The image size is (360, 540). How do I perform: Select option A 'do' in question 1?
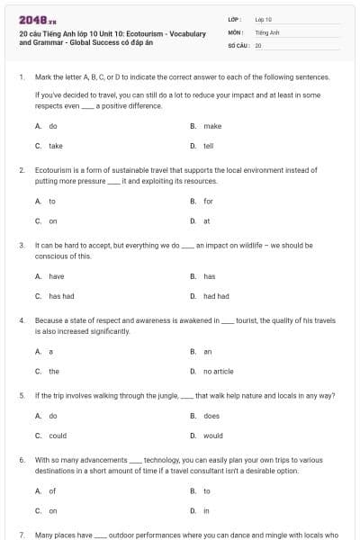point(53,126)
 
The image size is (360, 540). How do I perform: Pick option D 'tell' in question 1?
point(208,145)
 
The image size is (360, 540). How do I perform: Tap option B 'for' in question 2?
point(208,201)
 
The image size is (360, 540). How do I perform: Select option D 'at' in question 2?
point(207,220)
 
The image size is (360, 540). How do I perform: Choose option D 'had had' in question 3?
point(216,295)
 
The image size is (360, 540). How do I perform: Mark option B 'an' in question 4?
point(208,351)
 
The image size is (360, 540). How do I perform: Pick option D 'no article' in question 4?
point(219,371)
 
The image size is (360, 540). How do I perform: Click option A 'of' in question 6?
point(52,490)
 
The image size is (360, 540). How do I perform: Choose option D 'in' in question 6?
point(206,510)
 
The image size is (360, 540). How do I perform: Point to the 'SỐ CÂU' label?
point(237,44)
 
